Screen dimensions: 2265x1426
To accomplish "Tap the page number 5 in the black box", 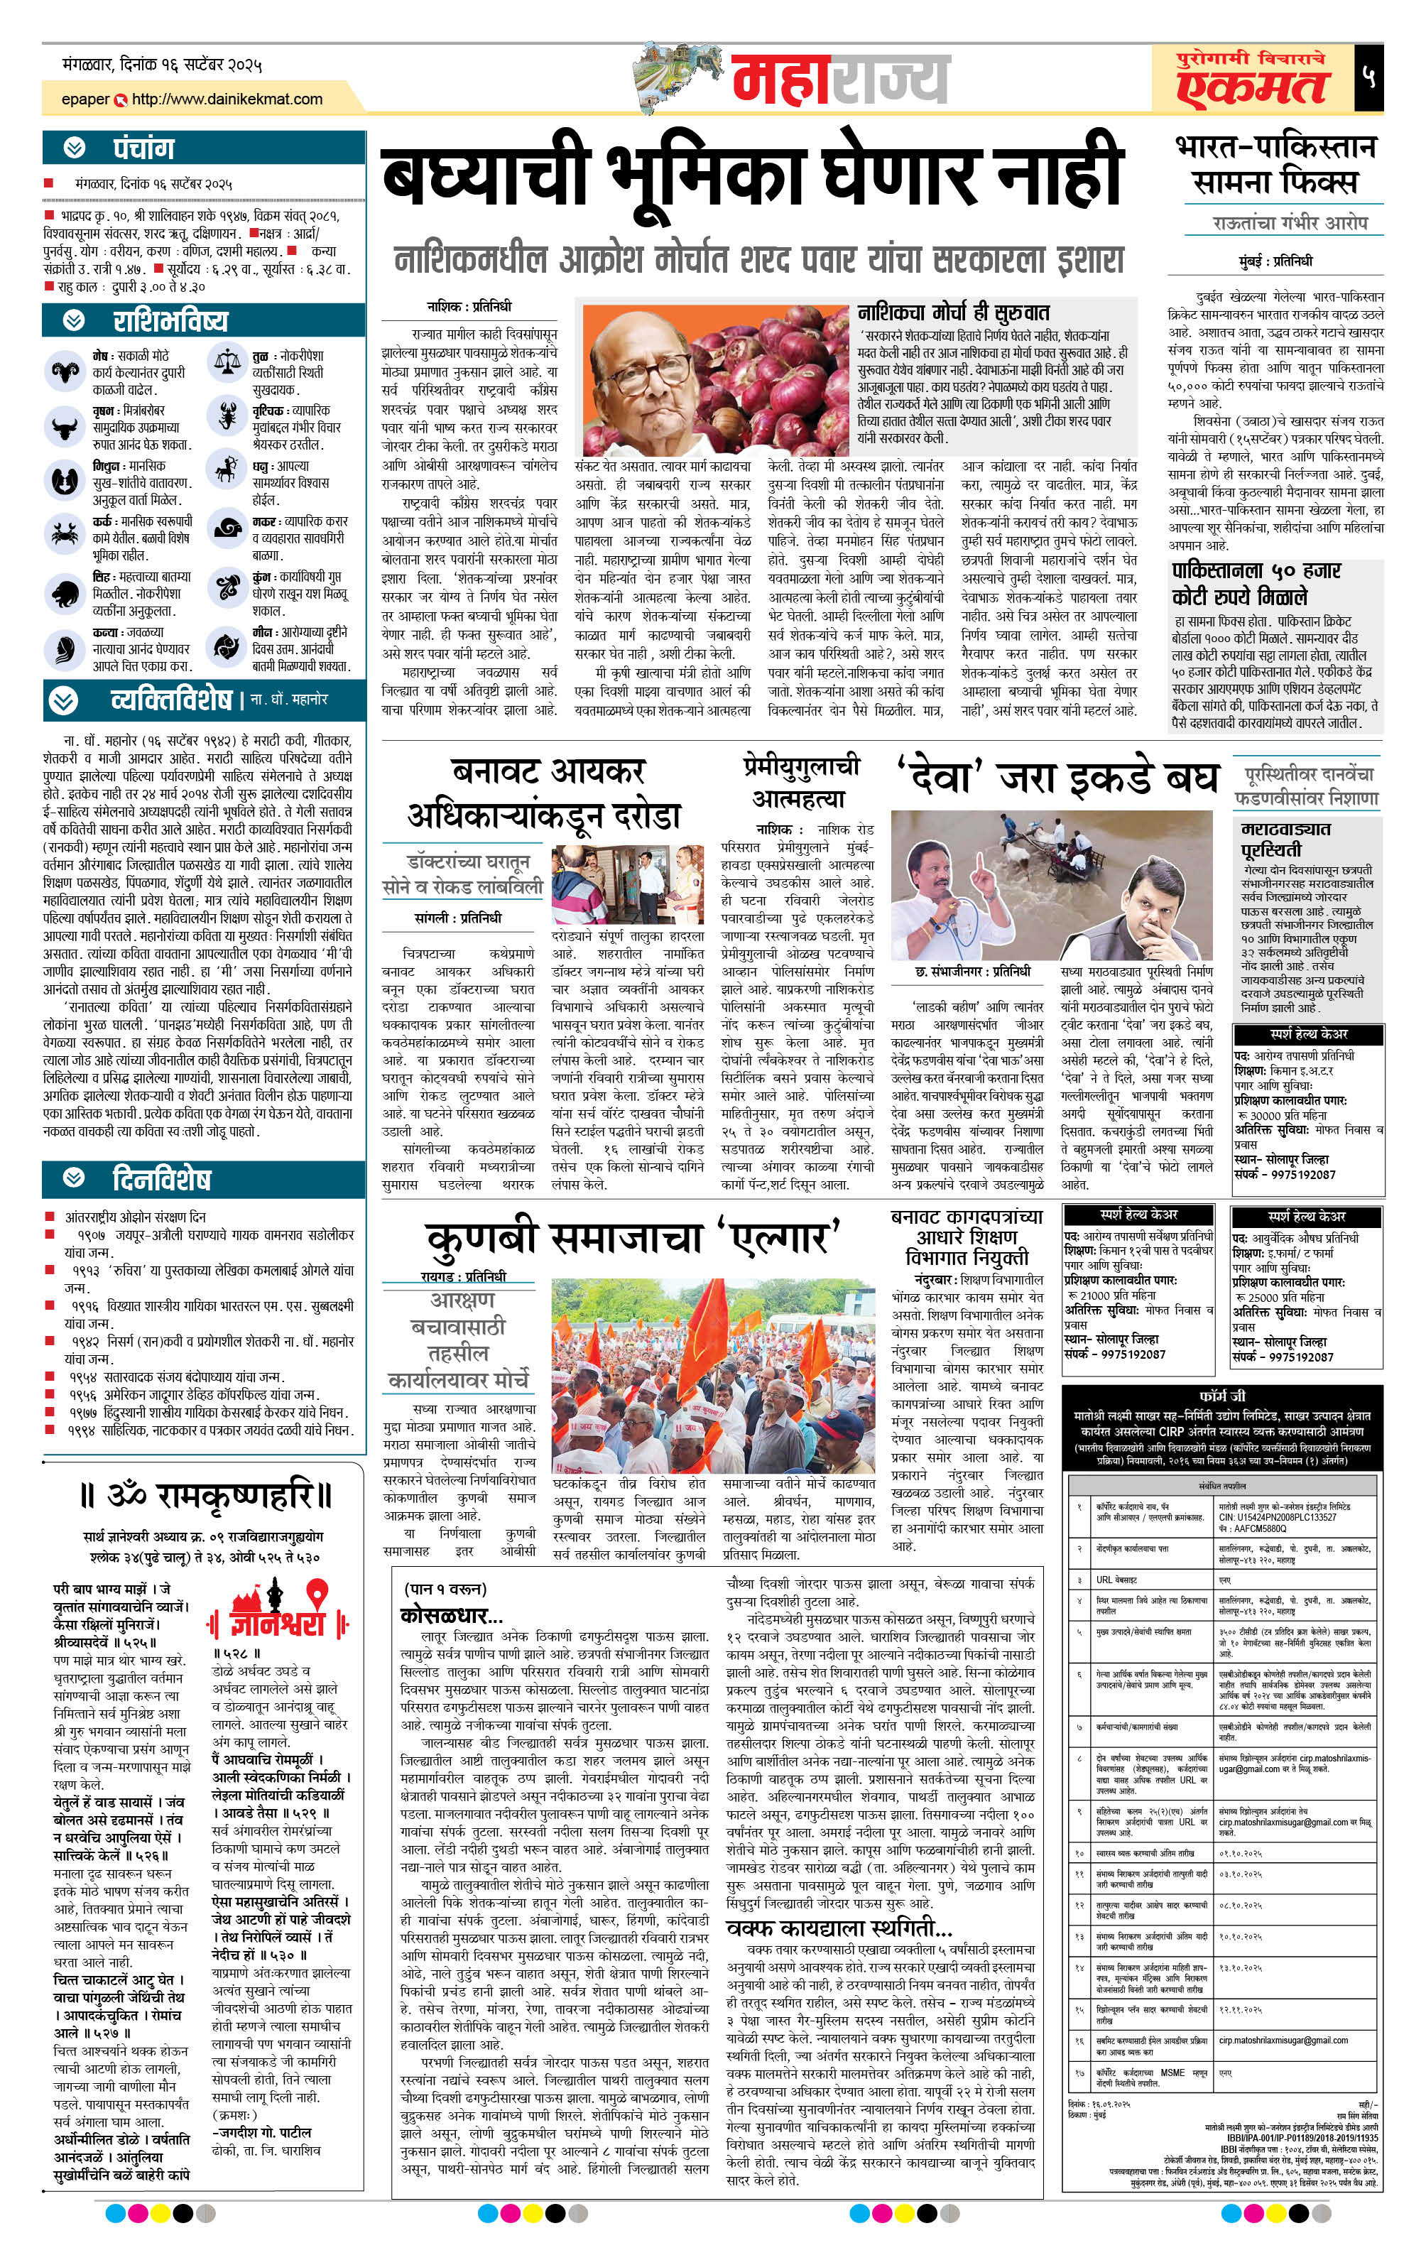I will (x=1368, y=78).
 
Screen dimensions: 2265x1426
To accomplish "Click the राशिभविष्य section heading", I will (x=169, y=321).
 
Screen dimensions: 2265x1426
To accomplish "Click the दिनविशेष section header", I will (x=160, y=1178).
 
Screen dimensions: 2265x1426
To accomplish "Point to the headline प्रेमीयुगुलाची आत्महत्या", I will (x=800, y=782).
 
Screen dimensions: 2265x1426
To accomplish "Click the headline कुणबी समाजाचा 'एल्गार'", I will (x=632, y=1239).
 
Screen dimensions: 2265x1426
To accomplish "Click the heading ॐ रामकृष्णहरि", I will (x=205, y=1494).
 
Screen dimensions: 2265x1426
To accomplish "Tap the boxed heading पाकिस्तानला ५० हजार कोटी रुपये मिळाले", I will (x=1256, y=583).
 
